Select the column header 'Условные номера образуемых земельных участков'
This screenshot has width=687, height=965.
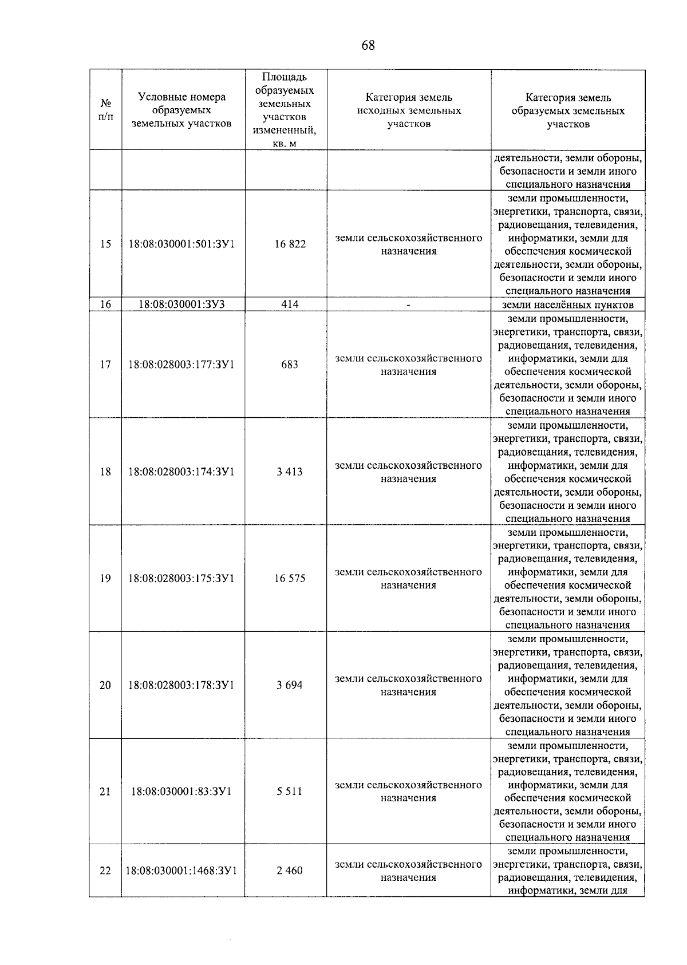[181, 110]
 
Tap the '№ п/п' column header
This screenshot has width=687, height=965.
[106, 110]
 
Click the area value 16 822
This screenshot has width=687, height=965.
[290, 244]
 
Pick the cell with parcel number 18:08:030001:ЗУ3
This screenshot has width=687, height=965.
[181, 304]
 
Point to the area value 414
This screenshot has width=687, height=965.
[290, 304]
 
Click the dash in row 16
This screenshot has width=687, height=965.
[408, 305]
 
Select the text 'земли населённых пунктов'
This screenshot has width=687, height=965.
[567, 304]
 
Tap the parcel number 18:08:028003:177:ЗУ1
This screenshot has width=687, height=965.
[181, 365]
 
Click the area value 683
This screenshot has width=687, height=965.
[290, 365]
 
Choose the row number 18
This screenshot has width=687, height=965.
[105, 472]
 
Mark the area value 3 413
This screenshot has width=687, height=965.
[290, 472]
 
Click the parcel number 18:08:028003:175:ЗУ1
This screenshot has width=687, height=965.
[181, 578]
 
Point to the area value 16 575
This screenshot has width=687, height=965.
[290, 578]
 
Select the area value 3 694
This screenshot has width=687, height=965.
[290, 685]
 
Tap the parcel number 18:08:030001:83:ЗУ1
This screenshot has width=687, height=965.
[181, 792]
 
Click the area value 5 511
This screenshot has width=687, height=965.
[290, 792]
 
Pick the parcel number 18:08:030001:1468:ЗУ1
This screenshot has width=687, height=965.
[181, 871]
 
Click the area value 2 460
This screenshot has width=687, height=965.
[290, 871]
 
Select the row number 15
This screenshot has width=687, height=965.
[105, 244]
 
